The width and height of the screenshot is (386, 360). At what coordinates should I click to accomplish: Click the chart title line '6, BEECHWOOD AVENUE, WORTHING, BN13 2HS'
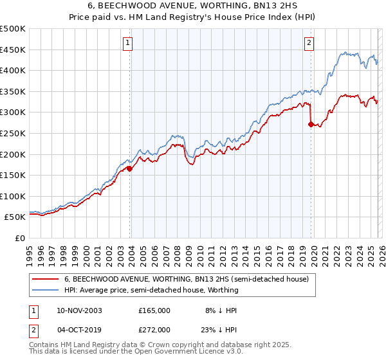click(193, 6)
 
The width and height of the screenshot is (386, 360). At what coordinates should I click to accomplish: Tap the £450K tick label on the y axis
click(13, 50)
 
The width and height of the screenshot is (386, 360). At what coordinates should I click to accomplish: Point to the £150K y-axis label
click(13, 175)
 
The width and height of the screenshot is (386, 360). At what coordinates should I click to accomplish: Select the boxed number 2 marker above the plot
click(309, 43)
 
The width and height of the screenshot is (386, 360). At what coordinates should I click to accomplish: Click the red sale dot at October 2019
click(311, 125)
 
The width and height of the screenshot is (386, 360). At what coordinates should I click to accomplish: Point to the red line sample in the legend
click(46, 280)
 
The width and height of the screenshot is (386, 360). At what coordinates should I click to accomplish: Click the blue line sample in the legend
click(46, 290)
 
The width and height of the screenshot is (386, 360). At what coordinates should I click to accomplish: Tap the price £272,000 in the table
click(154, 330)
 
